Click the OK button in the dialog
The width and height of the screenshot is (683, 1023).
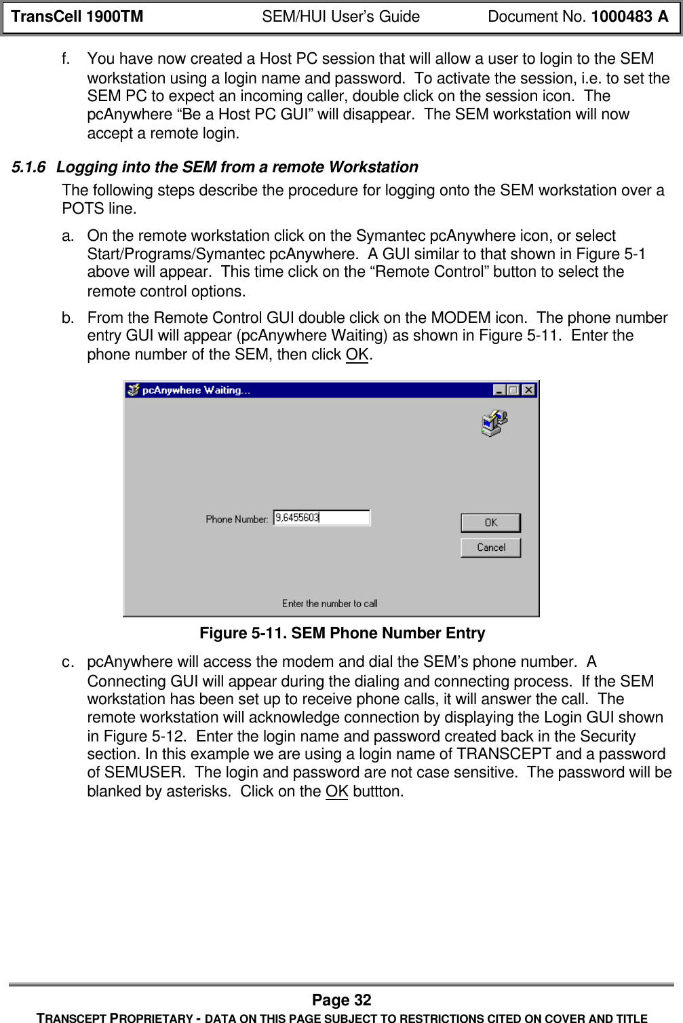490,522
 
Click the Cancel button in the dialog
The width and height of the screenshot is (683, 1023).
490,547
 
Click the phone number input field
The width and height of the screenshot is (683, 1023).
321,518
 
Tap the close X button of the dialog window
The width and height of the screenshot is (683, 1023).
528,390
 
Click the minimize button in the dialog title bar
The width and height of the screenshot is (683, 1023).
500,390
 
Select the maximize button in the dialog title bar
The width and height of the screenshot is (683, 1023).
513,390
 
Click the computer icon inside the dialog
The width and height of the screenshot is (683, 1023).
494,423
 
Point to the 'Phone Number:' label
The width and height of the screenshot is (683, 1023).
237,519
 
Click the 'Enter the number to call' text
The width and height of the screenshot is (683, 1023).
330,603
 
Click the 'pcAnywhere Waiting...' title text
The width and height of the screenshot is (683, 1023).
196,390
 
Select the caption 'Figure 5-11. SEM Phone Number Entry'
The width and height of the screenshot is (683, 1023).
342,633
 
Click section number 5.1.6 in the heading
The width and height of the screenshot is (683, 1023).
29,167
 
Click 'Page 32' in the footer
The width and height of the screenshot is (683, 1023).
341,1000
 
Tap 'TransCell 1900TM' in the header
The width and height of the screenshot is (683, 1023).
77,16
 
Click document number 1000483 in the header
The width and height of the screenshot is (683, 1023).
620,16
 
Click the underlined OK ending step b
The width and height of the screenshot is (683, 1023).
357,354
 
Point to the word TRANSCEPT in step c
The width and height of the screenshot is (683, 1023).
504,754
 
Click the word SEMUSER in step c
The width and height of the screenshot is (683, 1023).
144,772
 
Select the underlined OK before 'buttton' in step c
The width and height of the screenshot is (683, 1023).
336,791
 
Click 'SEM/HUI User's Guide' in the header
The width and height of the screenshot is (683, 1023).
340,16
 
